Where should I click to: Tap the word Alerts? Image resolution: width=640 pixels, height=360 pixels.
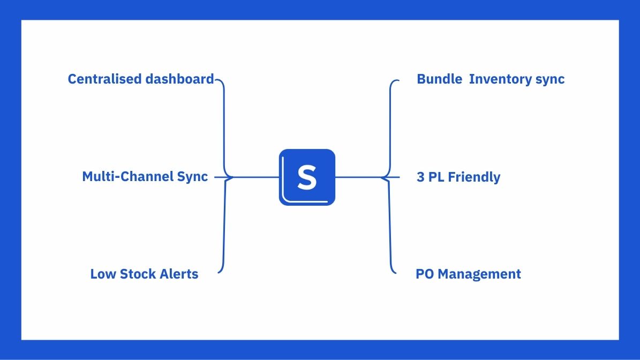pos(181,274)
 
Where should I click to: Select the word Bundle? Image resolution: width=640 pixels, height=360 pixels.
pos(439,79)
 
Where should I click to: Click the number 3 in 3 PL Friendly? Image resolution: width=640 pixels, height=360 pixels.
pos(420,177)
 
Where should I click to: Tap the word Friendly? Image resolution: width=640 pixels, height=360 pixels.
pos(474,177)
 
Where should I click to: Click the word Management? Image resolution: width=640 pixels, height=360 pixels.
pos(479,274)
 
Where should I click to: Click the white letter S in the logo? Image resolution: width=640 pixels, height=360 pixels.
pos(307,177)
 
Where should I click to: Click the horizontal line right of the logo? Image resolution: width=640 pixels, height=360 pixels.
pos(358,177)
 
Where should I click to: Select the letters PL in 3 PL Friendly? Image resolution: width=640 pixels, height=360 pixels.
pos(436,177)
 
